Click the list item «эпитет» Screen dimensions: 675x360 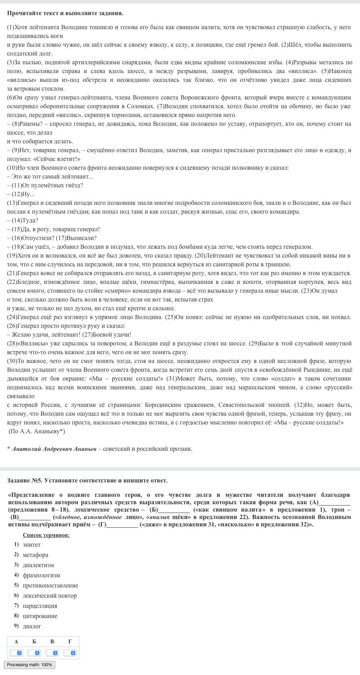coord(31,545)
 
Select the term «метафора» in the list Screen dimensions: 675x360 coord(35,555)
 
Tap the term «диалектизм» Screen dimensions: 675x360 coord(38,565)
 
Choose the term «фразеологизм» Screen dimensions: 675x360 coord(41,575)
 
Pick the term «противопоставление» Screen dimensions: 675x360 coord(50,585)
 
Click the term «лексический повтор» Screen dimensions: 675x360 coord(49,596)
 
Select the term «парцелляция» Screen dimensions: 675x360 coord(40,606)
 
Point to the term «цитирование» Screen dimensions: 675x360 coord(40,616)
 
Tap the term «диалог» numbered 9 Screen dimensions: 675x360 coord(32,626)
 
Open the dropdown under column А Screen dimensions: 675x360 coord(16,653)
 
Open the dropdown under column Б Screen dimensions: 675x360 coord(34,653)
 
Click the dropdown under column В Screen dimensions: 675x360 coord(52,653)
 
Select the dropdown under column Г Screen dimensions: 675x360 coord(70,653)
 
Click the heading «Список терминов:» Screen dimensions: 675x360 coord(46,535)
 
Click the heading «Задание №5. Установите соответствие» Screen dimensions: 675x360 coord(87,480)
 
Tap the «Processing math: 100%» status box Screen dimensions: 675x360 coord(30,664)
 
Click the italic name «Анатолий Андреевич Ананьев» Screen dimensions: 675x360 coord(54,449)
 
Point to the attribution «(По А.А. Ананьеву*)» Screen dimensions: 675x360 coord(37,431)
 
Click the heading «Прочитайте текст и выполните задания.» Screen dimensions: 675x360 coord(65,13)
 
